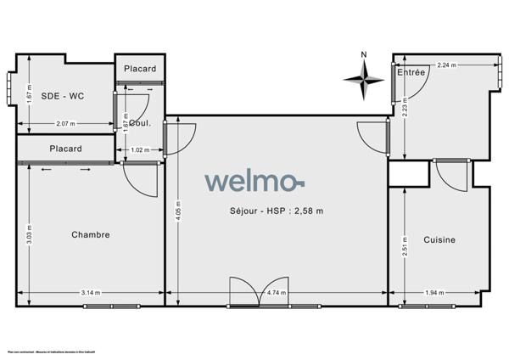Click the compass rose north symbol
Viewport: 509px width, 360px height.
click(364, 77)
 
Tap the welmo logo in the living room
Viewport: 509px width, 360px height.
click(254, 182)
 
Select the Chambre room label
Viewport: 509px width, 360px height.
click(91, 234)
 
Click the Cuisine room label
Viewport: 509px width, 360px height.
click(439, 239)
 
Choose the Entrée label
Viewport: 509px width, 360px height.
click(411, 73)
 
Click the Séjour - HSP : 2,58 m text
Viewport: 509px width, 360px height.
click(276, 211)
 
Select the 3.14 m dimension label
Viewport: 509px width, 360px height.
click(92, 293)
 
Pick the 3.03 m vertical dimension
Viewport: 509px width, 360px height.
click(29, 233)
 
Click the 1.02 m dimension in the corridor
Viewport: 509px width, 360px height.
click(140, 150)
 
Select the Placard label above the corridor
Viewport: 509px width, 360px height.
click(139, 68)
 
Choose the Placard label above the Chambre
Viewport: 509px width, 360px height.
click(65, 149)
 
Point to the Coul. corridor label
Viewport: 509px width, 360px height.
click(141, 122)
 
